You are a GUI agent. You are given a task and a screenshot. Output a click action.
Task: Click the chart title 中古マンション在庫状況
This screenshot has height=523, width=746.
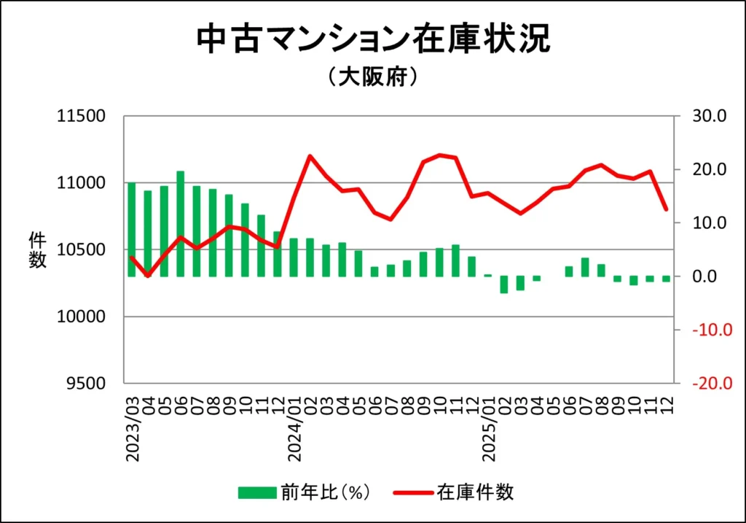coord(373,40)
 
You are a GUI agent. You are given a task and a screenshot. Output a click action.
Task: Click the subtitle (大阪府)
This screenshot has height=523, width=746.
coord(373,77)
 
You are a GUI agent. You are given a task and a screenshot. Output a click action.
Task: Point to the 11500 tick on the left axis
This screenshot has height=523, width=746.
coord(81,116)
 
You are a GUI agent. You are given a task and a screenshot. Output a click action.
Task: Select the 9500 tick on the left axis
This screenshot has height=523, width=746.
coord(85,384)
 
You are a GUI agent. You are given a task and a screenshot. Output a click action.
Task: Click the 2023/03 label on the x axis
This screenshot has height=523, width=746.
coord(133,429)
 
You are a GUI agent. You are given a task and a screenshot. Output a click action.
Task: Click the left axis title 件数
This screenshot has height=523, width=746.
coord(38,249)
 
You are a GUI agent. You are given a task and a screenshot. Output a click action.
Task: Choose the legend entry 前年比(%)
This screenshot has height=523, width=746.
coord(306,492)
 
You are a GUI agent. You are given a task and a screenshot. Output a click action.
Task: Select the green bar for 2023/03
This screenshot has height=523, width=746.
coord(132,230)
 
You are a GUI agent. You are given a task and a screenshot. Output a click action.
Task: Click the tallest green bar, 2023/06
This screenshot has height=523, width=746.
coord(181,224)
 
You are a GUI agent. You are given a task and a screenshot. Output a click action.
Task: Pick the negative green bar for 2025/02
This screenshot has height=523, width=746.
coord(504,284)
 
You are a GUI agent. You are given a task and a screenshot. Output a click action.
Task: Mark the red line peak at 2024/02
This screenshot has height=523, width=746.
coord(310,156)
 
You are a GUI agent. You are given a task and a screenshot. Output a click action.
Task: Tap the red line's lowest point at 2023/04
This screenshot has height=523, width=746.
coord(148,276)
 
